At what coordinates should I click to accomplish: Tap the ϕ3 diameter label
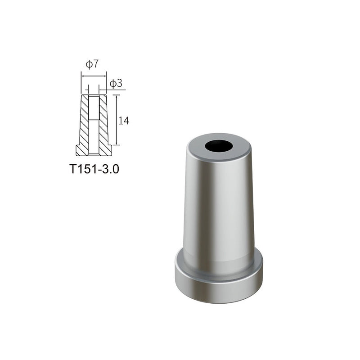[x=116, y=83]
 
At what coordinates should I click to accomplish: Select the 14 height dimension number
[x=124, y=121]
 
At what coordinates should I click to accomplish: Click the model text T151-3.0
[x=94, y=169]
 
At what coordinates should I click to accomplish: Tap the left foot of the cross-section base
[x=80, y=150]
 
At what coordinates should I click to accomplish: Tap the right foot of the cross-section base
[x=108, y=150]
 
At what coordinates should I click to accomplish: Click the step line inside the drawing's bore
[x=94, y=119]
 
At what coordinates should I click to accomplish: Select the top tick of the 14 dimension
[x=117, y=95]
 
